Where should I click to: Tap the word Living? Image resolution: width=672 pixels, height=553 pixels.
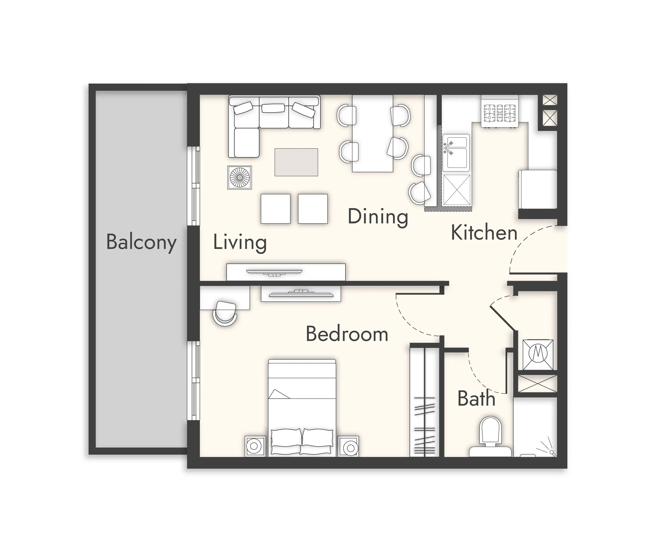(240, 242)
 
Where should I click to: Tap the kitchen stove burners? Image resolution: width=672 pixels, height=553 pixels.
(500, 113)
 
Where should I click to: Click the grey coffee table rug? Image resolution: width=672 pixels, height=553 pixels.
(296, 162)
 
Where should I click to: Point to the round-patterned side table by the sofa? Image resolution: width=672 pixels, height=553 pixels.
(240, 177)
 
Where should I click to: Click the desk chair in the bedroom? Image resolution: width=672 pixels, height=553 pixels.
(225, 313)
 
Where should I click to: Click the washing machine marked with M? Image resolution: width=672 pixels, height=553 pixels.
(538, 355)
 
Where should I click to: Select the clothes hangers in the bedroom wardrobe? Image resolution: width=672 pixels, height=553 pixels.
(424, 425)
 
